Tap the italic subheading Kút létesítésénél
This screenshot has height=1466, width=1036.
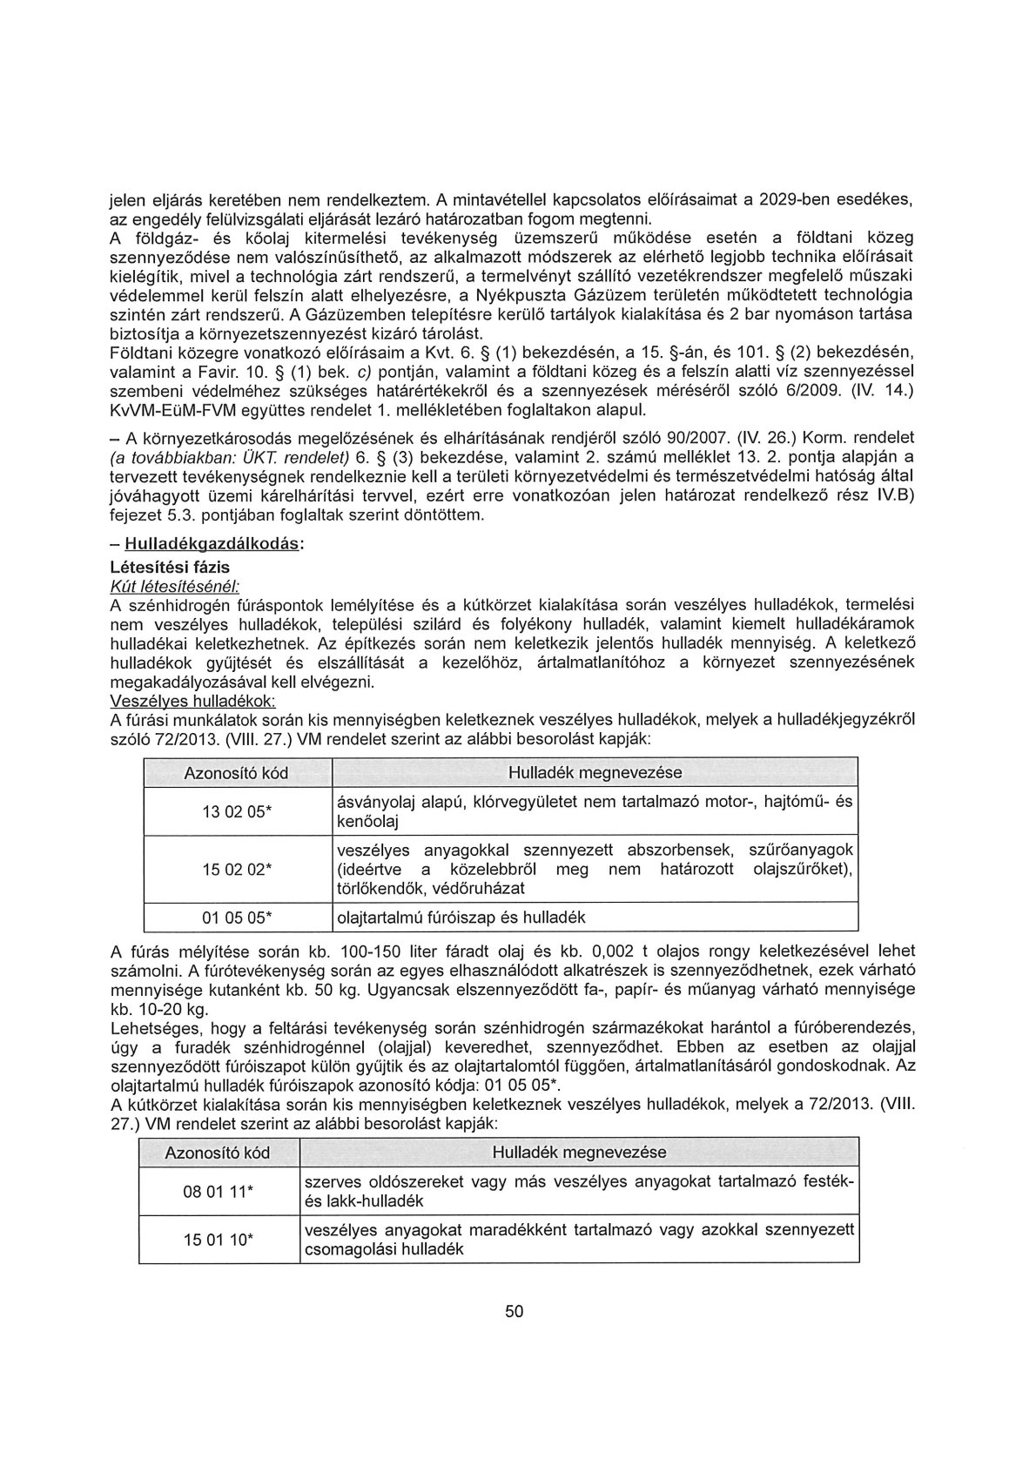(163, 585)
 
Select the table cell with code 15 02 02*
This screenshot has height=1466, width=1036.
(237, 869)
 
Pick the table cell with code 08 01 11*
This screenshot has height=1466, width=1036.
(218, 1192)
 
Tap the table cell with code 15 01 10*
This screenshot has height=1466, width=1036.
(218, 1240)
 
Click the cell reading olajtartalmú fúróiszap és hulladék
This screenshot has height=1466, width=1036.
(461, 917)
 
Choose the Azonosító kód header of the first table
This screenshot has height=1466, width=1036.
(237, 773)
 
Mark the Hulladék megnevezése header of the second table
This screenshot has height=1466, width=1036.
(579, 1153)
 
